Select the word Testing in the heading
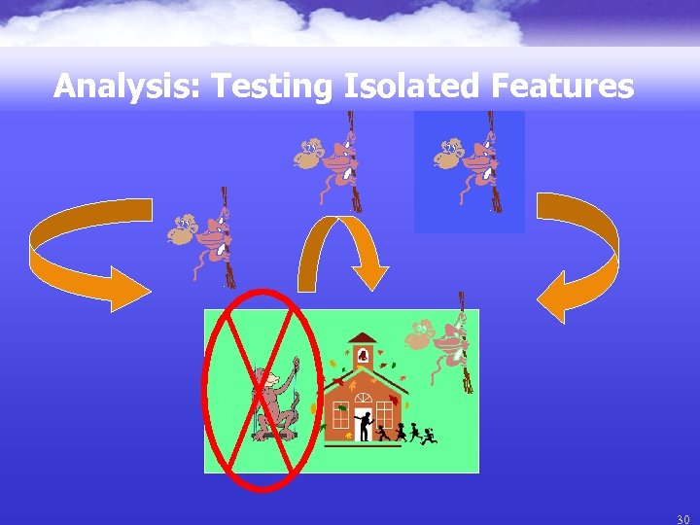coord(274,87)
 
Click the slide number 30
coord(682,519)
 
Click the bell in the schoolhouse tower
coord(364,356)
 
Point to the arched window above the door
coord(362,398)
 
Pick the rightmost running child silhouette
coord(428,434)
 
